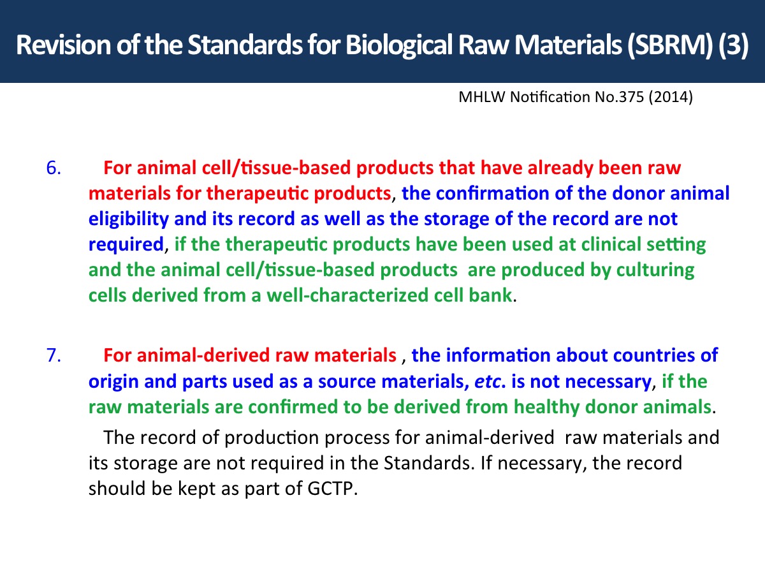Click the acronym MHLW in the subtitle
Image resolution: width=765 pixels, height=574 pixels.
[x=482, y=97]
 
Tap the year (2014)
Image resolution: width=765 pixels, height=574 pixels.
[x=671, y=98]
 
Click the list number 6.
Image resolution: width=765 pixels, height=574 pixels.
[x=54, y=168]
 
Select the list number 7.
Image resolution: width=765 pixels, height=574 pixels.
[x=54, y=356]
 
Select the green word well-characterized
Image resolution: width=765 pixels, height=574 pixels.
[x=347, y=295]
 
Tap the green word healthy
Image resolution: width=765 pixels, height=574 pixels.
[x=546, y=408]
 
